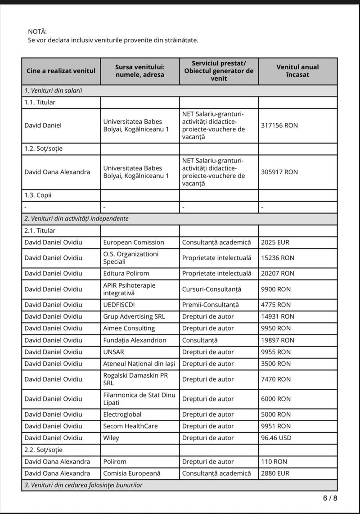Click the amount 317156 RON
click(x=279, y=126)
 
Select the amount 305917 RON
click(x=279, y=172)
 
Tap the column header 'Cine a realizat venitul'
click(x=61, y=71)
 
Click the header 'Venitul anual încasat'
click(x=297, y=71)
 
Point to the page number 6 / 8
click(x=329, y=498)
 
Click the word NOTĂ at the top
click(x=37, y=32)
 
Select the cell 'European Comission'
click(x=134, y=242)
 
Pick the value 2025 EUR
click(x=275, y=242)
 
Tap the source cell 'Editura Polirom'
click(x=126, y=273)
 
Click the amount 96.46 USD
click(x=276, y=437)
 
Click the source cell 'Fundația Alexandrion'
click(x=135, y=340)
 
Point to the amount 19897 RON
click(x=277, y=340)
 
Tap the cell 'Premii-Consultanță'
click(x=210, y=305)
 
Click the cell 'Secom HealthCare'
click(x=130, y=426)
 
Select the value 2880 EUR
click(x=275, y=473)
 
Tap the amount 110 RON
click(x=274, y=461)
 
